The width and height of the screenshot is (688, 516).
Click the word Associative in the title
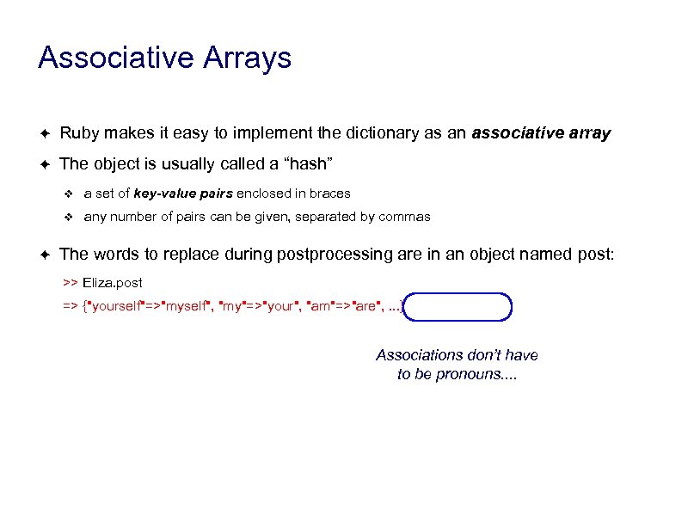coord(114,58)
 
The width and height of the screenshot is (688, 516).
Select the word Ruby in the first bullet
coord(78,133)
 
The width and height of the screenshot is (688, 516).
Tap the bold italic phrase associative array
coord(541,133)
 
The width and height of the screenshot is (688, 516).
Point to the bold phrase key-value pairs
coord(182,193)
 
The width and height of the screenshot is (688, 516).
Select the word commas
coord(403,217)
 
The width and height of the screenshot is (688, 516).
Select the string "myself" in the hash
coord(186,307)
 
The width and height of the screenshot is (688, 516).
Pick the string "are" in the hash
coord(365,307)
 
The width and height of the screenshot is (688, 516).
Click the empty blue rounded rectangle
coord(458,307)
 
